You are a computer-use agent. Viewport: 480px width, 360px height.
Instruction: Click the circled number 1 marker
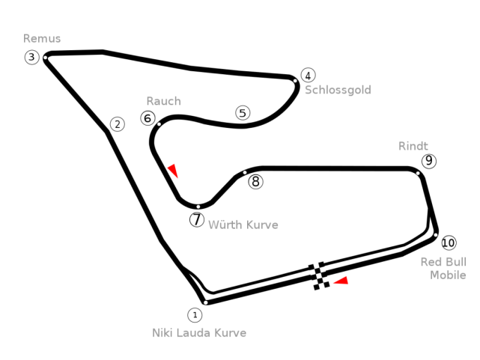click(x=195, y=315)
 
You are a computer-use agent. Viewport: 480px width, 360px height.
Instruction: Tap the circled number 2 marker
click(x=118, y=124)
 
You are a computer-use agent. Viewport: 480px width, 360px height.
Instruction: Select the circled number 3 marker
click(x=32, y=57)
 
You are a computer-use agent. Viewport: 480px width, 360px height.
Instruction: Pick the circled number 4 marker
click(x=308, y=76)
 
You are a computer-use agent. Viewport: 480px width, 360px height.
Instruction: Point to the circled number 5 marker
click(x=243, y=113)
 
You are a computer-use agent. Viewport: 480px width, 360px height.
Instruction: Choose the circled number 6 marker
click(x=148, y=118)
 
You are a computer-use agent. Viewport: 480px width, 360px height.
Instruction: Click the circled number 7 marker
click(x=197, y=219)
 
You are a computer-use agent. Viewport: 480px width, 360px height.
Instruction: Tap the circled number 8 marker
click(x=255, y=182)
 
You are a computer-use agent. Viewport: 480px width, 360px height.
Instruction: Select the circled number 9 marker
click(x=429, y=161)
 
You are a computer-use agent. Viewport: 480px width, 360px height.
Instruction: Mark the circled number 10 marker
click(x=449, y=242)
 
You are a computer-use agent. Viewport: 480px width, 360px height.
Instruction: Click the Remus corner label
click(x=42, y=38)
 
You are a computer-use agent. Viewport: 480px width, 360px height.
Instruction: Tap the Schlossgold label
click(x=338, y=90)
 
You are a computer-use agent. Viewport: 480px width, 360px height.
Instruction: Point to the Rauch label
click(x=164, y=101)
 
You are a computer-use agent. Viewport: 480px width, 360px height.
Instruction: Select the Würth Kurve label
click(x=243, y=225)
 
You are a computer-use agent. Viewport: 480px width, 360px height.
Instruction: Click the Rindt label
click(x=413, y=146)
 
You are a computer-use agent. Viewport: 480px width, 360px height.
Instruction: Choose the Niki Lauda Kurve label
click(x=199, y=333)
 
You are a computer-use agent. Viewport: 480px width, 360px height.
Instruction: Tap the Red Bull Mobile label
click(x=443, y=269)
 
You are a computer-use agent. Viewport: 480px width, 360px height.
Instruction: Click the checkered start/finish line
click(x=319, y=276)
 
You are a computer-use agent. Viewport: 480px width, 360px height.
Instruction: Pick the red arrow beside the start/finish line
click(x=341, y=281)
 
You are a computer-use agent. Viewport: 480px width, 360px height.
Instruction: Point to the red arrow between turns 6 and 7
click(x=173, y=170)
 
